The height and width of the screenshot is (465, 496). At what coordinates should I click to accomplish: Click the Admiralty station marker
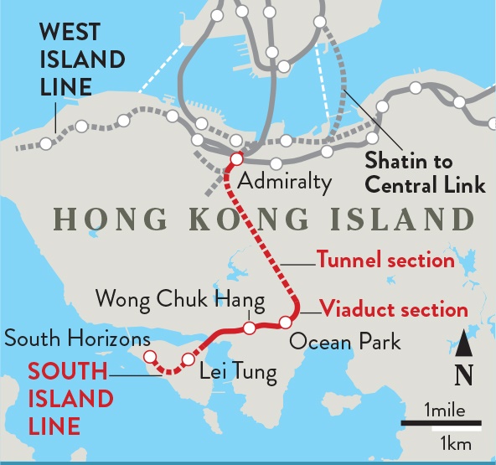[236, 158]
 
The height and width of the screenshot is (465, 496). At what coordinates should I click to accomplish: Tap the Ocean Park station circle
[286, 322]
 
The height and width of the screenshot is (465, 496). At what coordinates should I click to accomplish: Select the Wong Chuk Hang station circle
[249, 327]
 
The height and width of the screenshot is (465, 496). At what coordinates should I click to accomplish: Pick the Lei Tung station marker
[189, 359]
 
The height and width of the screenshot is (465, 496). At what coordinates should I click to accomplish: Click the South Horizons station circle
[150, 356]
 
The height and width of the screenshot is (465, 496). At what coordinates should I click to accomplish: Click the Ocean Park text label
[345, 342]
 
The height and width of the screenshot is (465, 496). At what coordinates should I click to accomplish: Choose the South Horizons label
[77, 338]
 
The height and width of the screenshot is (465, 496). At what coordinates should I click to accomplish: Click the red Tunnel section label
[385, 260]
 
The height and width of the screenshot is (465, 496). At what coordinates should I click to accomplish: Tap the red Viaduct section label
[394, 309]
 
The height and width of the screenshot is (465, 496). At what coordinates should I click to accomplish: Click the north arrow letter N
[460, 375]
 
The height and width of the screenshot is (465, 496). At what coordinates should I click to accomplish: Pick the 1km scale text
[452, 441]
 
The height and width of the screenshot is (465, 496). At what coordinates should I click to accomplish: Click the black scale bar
[442, 424]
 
